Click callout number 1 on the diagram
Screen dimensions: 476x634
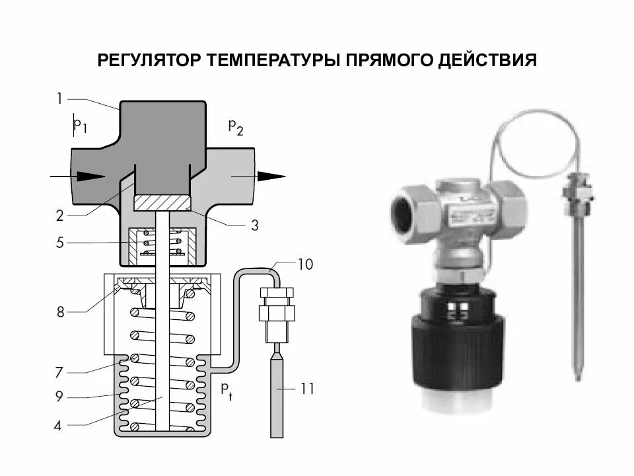[x=59, y=99]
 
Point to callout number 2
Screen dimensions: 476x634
[x=59, y=216]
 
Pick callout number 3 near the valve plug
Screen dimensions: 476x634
[x=254, y=225]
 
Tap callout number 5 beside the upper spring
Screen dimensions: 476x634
[x=59, y=243]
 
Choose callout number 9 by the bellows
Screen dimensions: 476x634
[x=59, y=397]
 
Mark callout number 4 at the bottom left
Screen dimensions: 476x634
[x=59, y=426]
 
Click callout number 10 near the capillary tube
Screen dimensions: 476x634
[x=305, y=265]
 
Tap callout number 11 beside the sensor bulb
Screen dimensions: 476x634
[x=305, y=390]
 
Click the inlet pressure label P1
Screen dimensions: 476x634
[x=81, y=125]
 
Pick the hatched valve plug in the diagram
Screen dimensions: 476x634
[x=162, y=202]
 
